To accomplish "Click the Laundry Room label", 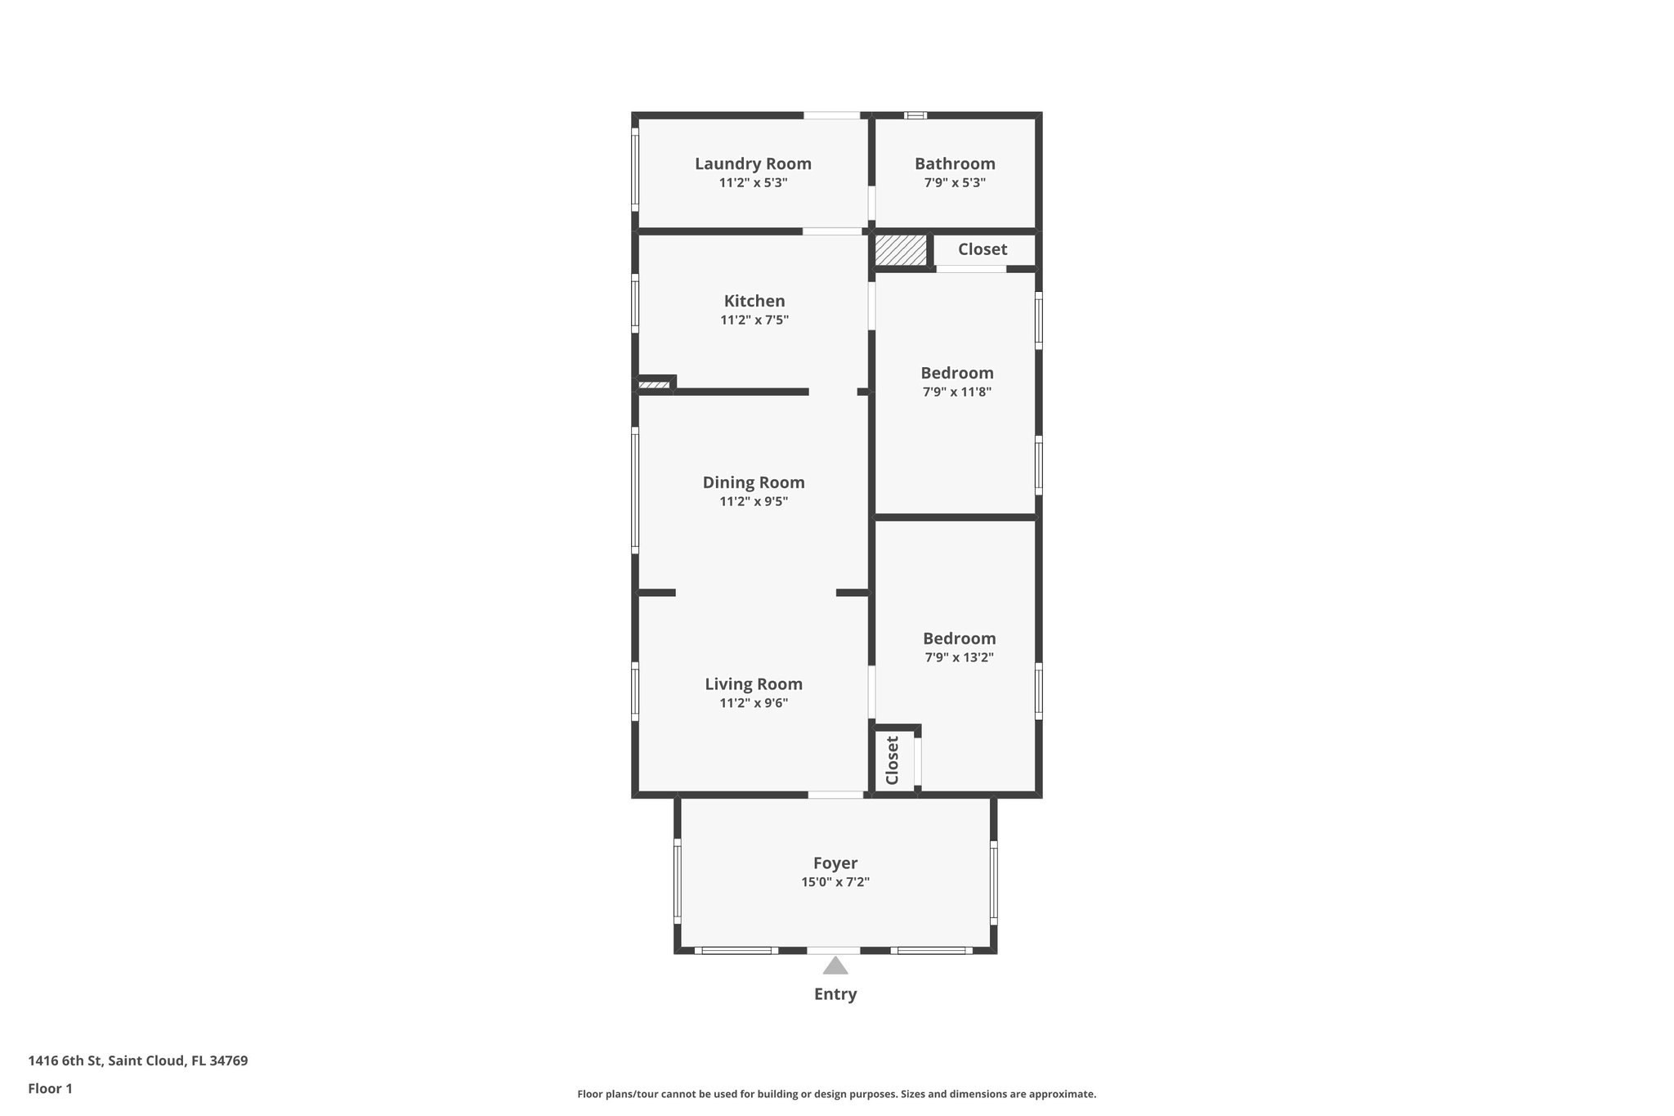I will [x=753, y=164].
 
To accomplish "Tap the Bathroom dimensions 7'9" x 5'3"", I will [x=955, y=183].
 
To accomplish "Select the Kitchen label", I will [x=754, y=301].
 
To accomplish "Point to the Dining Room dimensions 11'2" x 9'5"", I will [x=753, y=502].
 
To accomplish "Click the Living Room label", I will [x=753, y=684].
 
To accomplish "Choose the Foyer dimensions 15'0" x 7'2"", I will [x=835, y=882].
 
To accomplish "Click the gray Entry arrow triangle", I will [x=835, y=967].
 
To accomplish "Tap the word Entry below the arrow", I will [x=835, y=994].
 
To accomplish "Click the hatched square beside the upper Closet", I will [x=901, y=249].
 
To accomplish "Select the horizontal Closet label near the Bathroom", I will [x=982, y=249].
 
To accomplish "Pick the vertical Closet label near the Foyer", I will [x=893, y=760].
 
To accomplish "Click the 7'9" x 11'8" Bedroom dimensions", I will [x=957, y=392].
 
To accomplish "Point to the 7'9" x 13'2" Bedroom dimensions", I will [x=959, y=657].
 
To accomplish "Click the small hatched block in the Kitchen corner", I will [x=654, y=384].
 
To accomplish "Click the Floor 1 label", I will [x=50, y=1088].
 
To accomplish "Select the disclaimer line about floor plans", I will [x=836, y=1094].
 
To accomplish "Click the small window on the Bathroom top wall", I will [x=915, y=115].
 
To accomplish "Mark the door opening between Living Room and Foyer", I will [x=835, y=795].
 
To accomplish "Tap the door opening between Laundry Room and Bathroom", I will [x=871, y=203].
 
